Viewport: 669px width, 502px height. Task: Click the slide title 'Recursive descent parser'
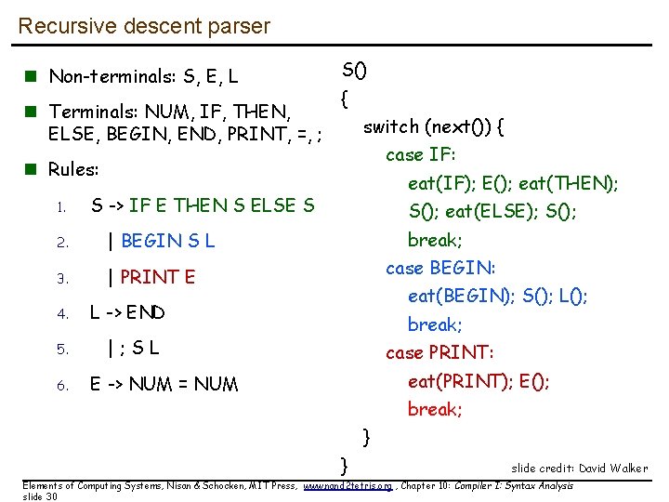[144, 25]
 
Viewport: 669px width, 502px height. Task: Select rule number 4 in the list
[61, 314]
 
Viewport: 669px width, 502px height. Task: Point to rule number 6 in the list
[61, 386]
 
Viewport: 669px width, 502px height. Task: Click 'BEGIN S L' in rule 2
[167, 242]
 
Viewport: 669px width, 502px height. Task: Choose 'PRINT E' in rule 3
[158, 277]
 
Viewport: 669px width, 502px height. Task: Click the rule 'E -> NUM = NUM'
[164, 384]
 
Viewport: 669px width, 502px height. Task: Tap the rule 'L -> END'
[127, 312]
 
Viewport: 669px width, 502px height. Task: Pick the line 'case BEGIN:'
[440, 268]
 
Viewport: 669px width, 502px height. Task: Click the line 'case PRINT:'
[439, 352]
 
